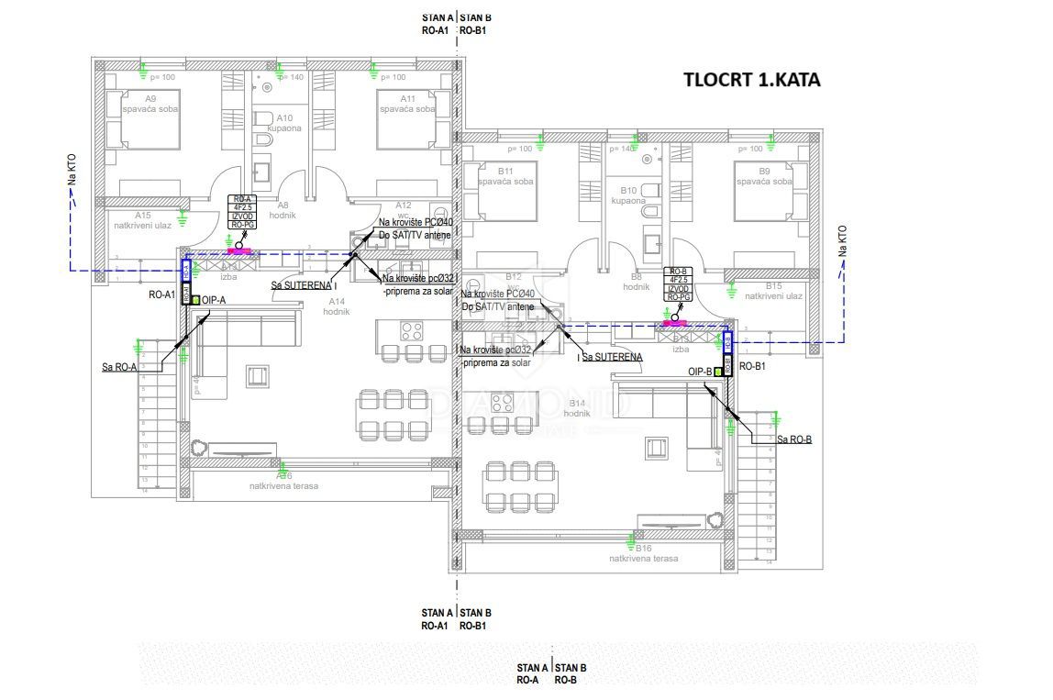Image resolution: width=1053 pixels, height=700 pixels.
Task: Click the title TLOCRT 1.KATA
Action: click(x=752, y=79)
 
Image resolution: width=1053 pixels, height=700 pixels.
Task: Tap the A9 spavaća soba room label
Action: click(x=150, y=103)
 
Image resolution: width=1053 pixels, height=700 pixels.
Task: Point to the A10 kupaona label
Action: click(x=284, y=123)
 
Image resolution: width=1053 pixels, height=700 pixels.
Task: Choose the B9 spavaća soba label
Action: click(x=764, y=176)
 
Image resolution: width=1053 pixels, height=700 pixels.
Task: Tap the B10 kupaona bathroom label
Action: click(x=628, y=194)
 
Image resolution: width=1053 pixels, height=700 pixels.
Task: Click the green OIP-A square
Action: click(x=196, y=300)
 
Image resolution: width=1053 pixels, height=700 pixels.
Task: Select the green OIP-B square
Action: click(x=717, y=372)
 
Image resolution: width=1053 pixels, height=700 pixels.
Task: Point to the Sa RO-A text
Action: click(x=120, y=367)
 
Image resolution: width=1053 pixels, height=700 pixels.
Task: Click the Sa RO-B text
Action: click(x=793, y=439)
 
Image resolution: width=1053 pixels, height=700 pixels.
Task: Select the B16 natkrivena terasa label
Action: click(x=643, y=553)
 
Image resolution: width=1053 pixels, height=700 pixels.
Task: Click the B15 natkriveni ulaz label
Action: click(x=773, y=291)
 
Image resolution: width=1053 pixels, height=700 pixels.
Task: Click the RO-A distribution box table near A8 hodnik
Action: click(x=241, y=213)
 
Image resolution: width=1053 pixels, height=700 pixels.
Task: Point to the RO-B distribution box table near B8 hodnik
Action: click(x=678, y=285)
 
